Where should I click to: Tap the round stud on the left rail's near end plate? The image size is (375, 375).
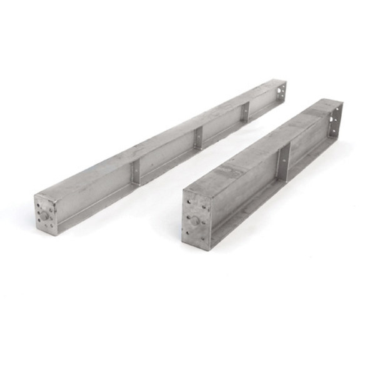(45, 216)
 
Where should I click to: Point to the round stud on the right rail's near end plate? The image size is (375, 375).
(195, 221)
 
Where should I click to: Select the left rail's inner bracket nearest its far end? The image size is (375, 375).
(245, 111)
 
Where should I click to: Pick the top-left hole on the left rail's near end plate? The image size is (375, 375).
(38, 202)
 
